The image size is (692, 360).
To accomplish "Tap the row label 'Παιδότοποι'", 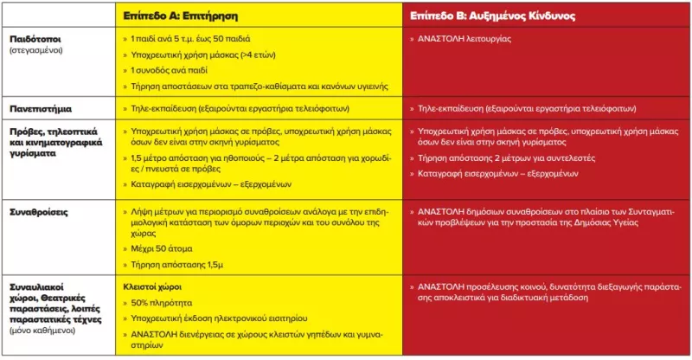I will (35, 39).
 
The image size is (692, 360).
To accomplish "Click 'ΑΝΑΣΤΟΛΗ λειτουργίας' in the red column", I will (464, 39).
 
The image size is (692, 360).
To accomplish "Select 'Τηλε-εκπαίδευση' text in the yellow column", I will (162, 110).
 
